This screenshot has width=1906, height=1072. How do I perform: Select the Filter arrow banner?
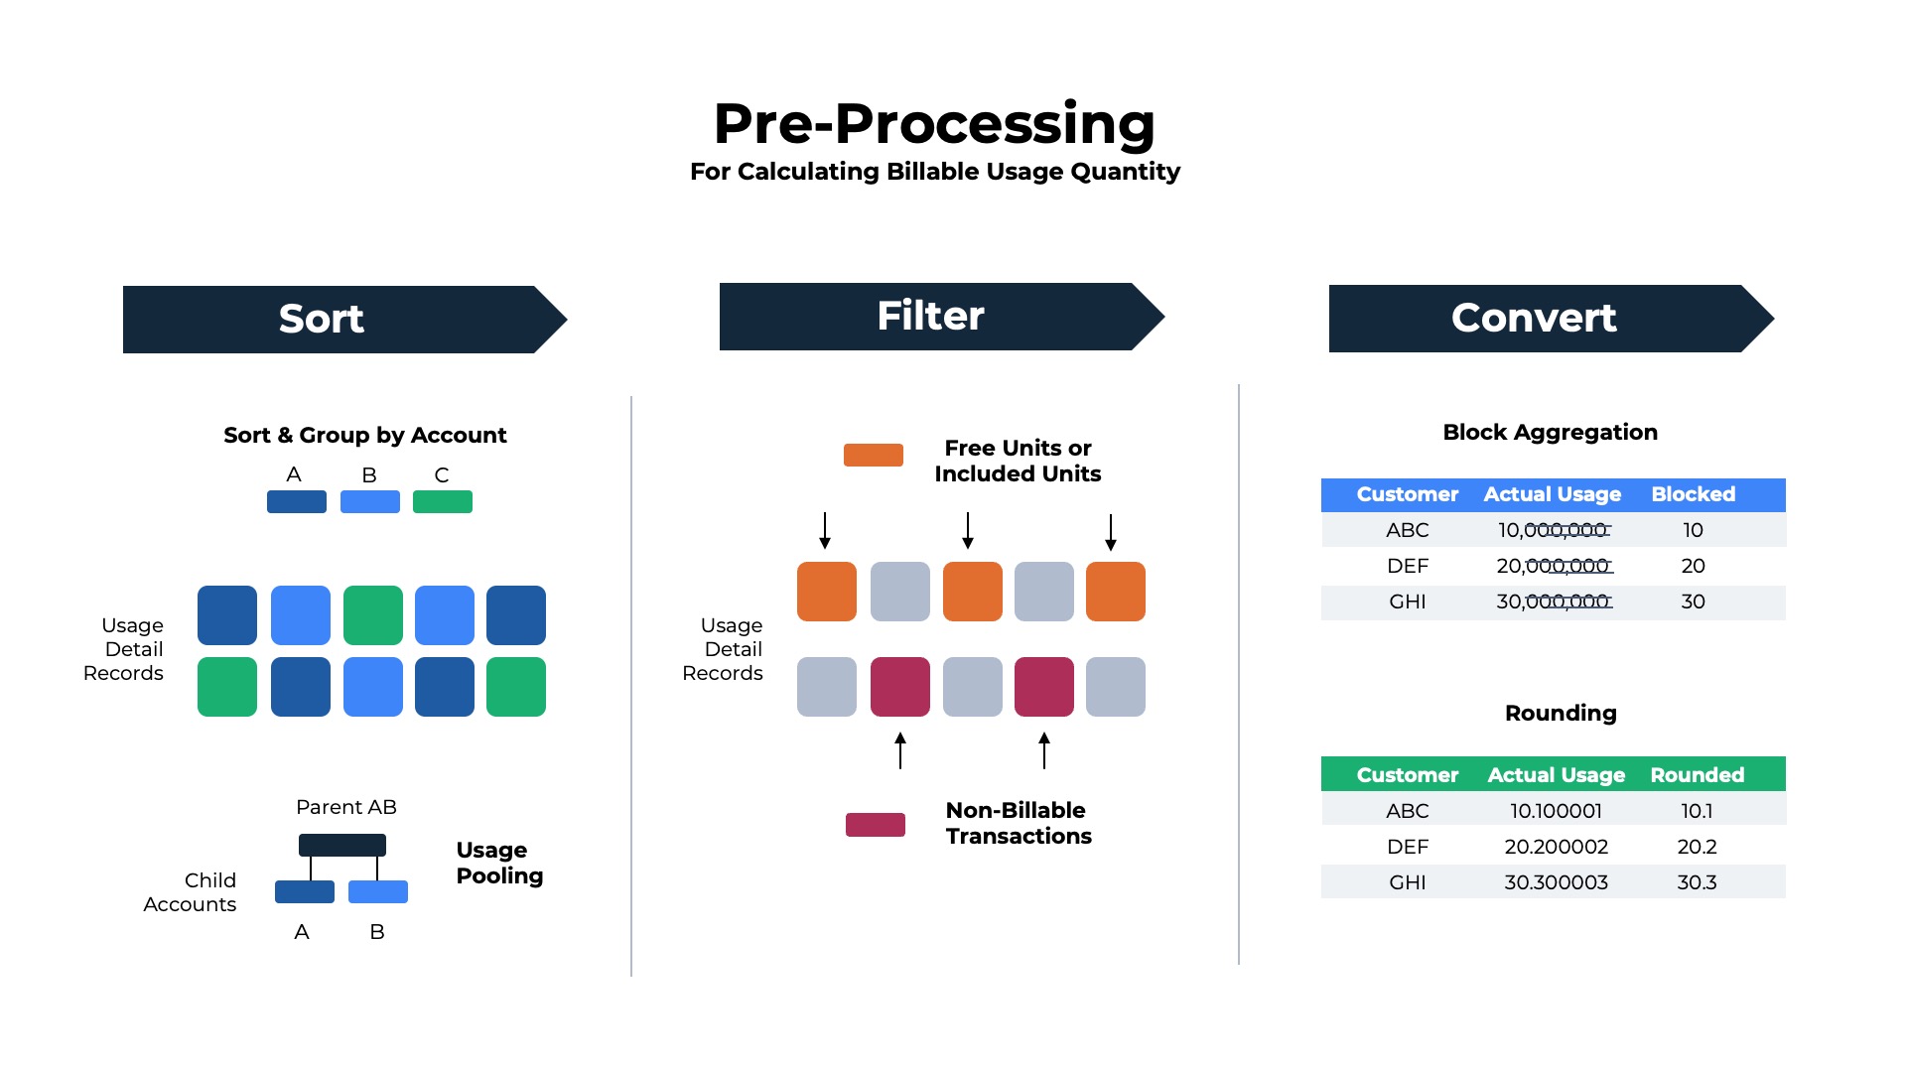[930, 316]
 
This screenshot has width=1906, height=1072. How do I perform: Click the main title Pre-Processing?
[934, 123]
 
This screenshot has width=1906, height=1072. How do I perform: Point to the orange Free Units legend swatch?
[873, 455]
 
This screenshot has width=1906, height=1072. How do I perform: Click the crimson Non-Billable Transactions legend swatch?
[875, 824]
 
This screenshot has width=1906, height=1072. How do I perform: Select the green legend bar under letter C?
[442, 501]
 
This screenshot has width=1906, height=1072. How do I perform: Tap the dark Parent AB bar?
[342, 845]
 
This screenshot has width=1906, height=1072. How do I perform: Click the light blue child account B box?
[377, 891]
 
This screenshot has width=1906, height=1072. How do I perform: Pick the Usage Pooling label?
[499, 863]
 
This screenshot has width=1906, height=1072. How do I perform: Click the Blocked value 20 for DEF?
[1693, 566]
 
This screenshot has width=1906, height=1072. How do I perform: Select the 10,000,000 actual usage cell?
[1553, 530]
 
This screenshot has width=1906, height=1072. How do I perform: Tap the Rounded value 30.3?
[1696, 882]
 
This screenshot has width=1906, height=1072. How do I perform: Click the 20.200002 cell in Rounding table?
[1556, 847]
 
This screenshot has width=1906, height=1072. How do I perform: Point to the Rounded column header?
[1696, 774]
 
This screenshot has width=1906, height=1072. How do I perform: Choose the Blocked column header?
[1693, 494]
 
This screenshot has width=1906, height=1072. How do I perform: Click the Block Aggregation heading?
[1549, 432]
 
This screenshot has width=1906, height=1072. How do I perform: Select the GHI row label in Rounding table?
[1407, 882]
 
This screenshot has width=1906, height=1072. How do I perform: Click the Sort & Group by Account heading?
[364, 435]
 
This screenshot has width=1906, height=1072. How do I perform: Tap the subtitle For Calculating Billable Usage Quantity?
[934, 172]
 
